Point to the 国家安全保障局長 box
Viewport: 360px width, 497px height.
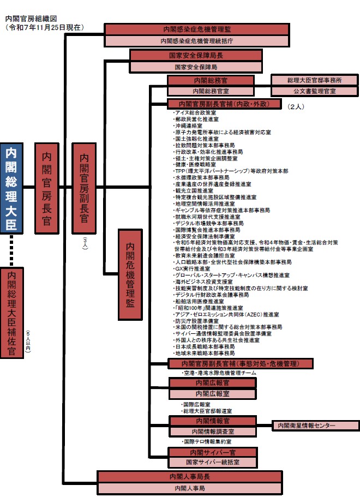click(196, 56)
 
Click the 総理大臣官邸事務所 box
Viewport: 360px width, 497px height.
click(315, 80)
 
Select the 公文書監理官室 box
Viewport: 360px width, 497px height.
click(315, 91)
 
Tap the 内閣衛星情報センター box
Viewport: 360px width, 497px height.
click(315, 425)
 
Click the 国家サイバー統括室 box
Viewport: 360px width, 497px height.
click(212, 462)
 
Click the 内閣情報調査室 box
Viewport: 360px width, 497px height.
click(212, 432)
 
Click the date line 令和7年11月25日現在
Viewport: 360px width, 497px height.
click(44, 27)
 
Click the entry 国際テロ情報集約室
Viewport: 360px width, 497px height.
click(207, 441)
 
